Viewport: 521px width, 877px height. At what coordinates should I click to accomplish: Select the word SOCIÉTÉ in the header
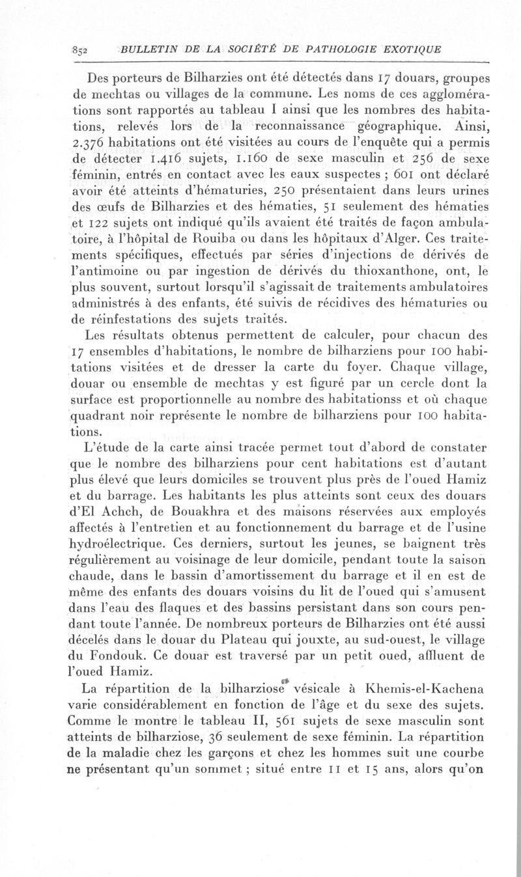pyautogui.click(x=234, y=50)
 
